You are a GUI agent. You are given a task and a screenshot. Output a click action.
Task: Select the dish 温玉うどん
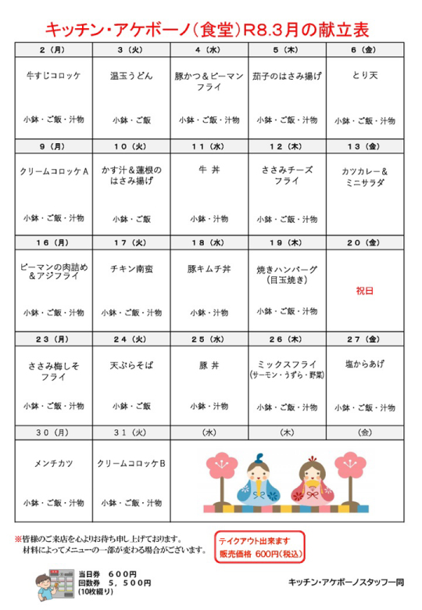(131, 77)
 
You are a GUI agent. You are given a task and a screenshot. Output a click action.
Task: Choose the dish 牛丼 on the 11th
(209, 166)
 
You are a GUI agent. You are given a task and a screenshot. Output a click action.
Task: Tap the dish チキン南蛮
(131, 267)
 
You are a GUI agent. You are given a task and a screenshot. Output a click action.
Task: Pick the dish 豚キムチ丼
(209, 268)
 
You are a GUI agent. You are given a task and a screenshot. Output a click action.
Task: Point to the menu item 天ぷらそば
(131, 364)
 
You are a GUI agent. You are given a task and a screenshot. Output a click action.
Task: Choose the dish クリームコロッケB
(131, 462)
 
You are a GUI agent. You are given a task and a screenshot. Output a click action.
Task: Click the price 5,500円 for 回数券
(130, 583)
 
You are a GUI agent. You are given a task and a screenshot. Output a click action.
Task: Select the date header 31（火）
(131, 432)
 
